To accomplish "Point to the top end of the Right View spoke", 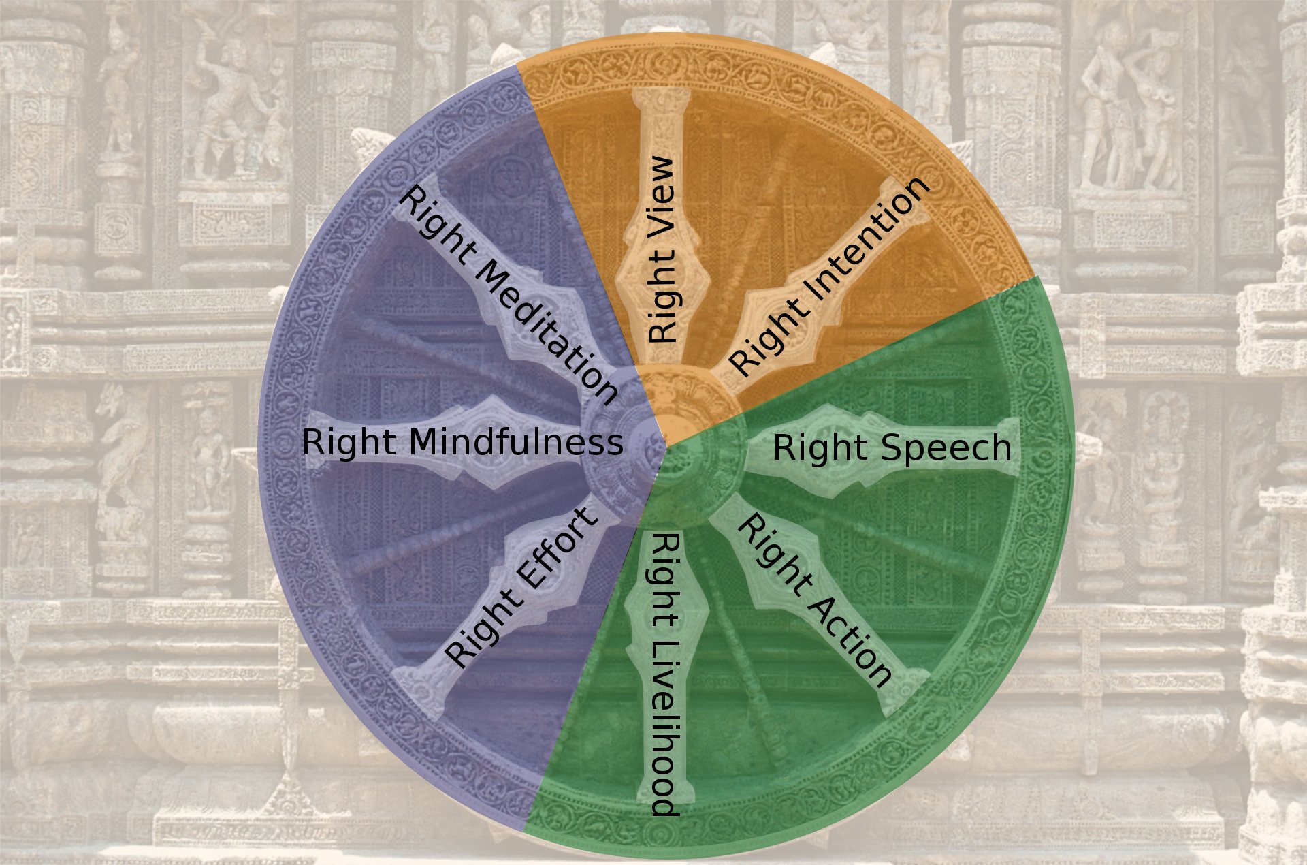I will click(x=661, y=95).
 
